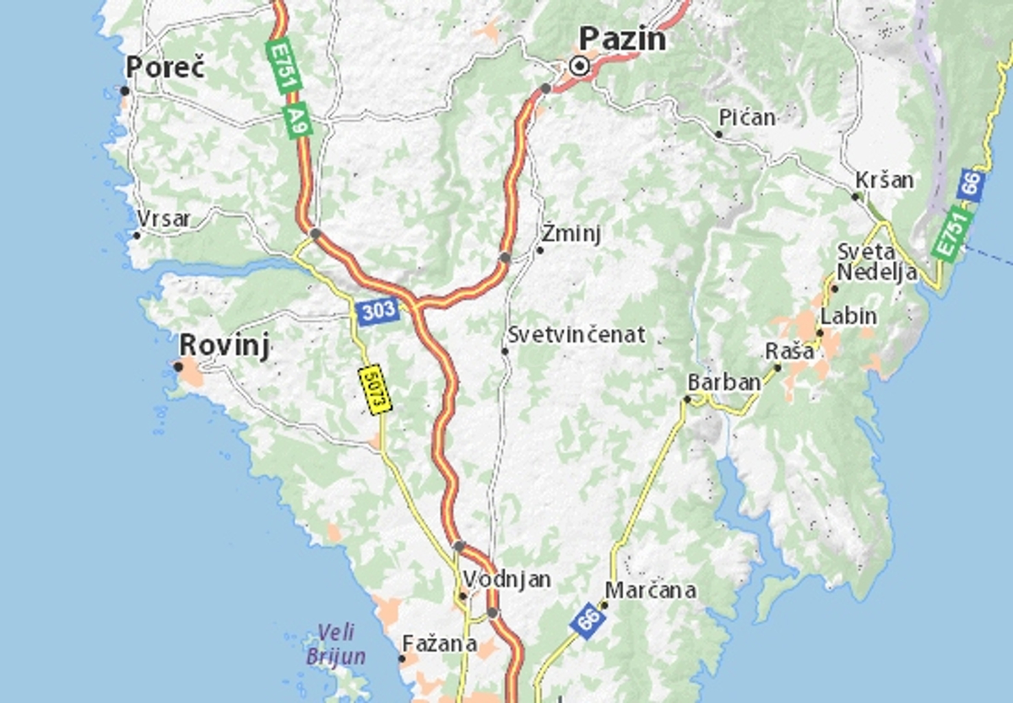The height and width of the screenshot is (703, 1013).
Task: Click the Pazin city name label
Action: click(x=623, y=39)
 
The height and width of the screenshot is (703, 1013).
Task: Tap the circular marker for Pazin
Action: click(x=580, y=66)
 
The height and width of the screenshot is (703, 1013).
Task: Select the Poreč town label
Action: click(x=165, y=68)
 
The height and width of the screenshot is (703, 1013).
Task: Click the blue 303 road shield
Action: click(x=376, y=311)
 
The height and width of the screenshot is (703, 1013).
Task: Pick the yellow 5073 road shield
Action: click(x=376, y=389)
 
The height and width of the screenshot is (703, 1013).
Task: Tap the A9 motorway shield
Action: click(x=296, y=120)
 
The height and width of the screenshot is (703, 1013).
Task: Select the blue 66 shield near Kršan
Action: click(x=972, y=184)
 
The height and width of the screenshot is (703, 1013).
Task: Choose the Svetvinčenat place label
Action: click(x=577, y=335)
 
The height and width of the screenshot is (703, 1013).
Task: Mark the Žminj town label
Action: click(x=572, y=233)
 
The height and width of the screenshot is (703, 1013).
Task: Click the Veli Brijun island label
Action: click(x=336, y=644)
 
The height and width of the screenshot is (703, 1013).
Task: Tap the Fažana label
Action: click(x=439, y=643)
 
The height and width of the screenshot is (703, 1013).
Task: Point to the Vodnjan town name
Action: click(x=506, y=580)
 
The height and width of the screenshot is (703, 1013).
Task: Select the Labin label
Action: click(x=848, y=316)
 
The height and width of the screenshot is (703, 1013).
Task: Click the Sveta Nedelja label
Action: click(x=865, y=262)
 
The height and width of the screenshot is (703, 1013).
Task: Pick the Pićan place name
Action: click(x=747, y=117)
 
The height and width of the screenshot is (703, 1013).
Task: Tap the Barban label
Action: click(x=724, y=382)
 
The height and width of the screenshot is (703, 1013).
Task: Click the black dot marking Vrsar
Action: click(x=137, y=235)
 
